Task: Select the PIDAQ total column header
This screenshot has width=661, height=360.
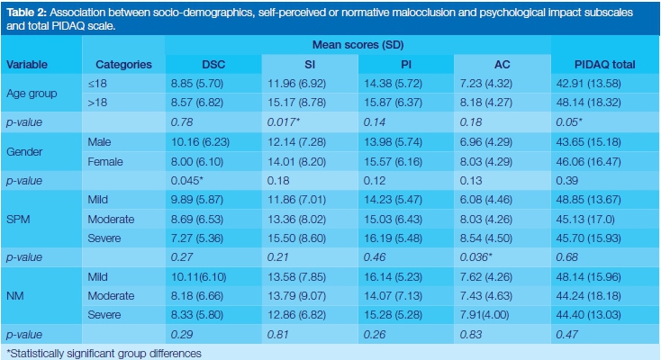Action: (604, 65)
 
